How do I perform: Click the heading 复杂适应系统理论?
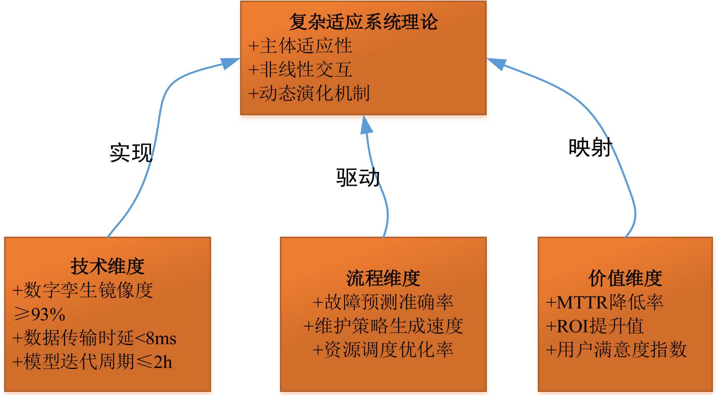[x=363, y=22]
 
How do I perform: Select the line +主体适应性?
[x=300, y=46]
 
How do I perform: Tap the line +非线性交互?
[x=300, y=70]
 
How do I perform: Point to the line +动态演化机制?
[x=309, y=93]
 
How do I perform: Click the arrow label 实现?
[x=131, y=153]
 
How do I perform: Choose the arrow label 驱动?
[x=358, y=177]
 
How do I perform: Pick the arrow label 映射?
[x=590, y=147]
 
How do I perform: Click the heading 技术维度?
[x=107, y=266]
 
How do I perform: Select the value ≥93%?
[x=39, y=314]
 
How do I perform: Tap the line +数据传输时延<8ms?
[x=94, y=338]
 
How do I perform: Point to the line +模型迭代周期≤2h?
[x=92, y=362]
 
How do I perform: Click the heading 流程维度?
[x=383, y=278]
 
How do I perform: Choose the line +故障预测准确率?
[x=383, y=302]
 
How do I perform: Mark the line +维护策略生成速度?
[x=383, y=326]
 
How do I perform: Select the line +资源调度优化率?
[x=383, y=350]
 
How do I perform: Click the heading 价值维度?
[x=625, y=278]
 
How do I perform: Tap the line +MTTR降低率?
[x=605, y=302]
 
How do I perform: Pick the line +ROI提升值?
[x=595, y=326]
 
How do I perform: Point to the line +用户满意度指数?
[x=616, y=350]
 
